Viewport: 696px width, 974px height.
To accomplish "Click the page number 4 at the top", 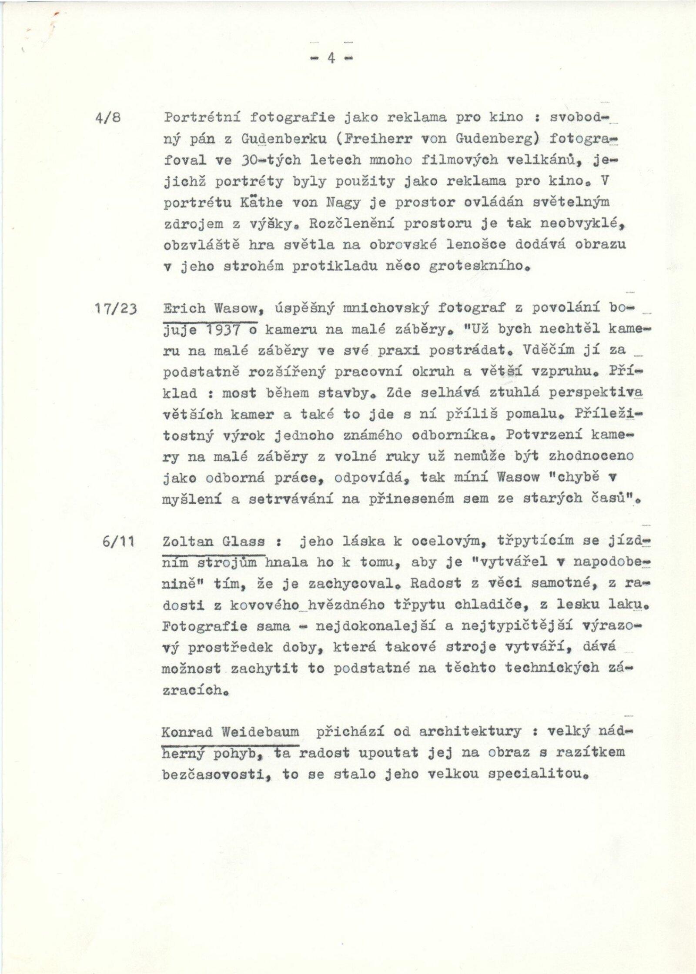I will (x=331, y=58).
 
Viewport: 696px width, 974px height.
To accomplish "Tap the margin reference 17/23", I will (x=115, y=309).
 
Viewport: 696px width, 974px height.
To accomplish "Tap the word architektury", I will (x=470, y=732).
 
